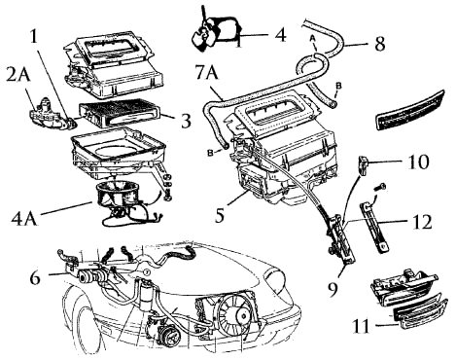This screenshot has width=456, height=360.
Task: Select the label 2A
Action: click(x=18, y=76)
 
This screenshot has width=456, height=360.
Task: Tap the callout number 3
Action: click(x=186, y=121)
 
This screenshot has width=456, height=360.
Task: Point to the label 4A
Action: click(x=23, y=218)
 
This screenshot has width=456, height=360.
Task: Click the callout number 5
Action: click(x=220, y=215)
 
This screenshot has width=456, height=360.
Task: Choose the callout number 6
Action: click(x=35, y=277)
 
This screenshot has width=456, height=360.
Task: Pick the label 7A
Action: click(x=206, y=73)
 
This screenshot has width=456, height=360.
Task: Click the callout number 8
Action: click(x=380, y=44)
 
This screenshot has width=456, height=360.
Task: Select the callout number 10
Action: click(x=418, y=162)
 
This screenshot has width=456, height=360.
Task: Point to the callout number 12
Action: click(x=422, y=222)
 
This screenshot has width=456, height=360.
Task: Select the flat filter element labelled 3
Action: click(x=120, y=115)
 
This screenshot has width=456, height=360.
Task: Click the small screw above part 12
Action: click(x=380, y=187)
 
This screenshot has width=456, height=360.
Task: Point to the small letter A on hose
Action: click(x=312, y=38)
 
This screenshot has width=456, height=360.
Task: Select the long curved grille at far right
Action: click(x=409, y=110)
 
